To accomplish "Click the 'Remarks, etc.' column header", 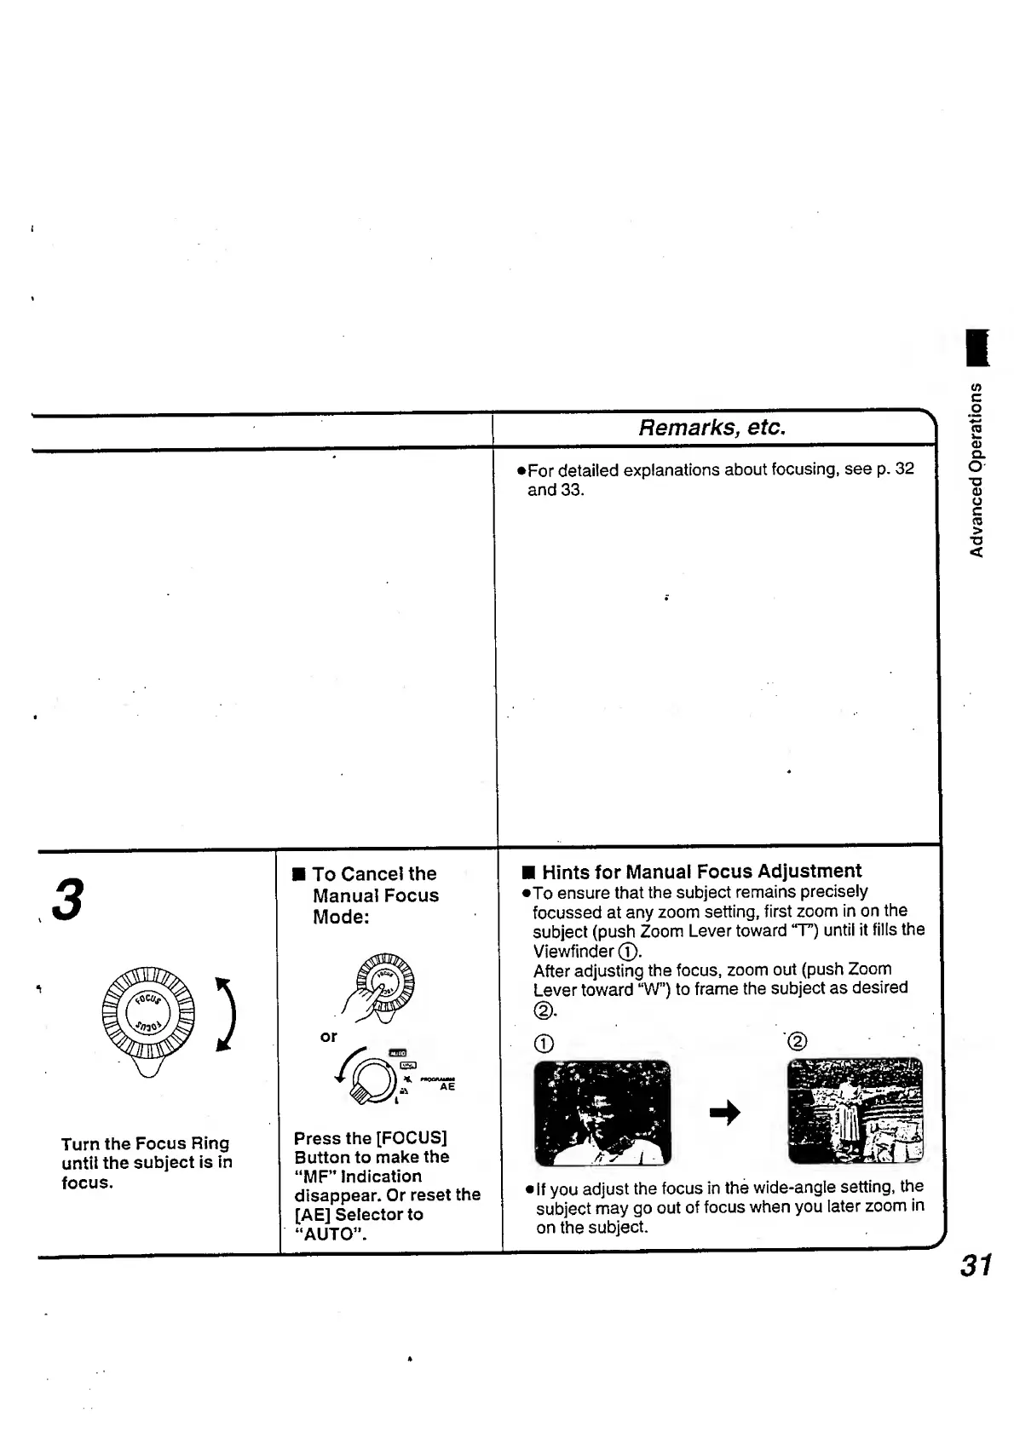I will tap(712, 427).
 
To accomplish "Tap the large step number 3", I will tap(68, 900).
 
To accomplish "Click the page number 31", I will tap(977, 1265).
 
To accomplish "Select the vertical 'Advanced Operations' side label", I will tap(977, 469).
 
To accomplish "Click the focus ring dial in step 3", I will tap(147, 1014).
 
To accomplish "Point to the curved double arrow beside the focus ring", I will tap(225, 1014).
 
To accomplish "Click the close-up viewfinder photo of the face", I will tap(602, 1112).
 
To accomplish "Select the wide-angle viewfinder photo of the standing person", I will tap(855, 1110).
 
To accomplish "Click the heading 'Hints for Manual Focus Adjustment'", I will tap(701, 871).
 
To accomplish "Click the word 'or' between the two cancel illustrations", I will tap(328, 1037).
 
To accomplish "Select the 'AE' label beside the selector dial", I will tap(447, 1086).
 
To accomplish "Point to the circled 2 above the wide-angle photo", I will tap(798, 1041).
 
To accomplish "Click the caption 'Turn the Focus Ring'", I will tap(145, 1143).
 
